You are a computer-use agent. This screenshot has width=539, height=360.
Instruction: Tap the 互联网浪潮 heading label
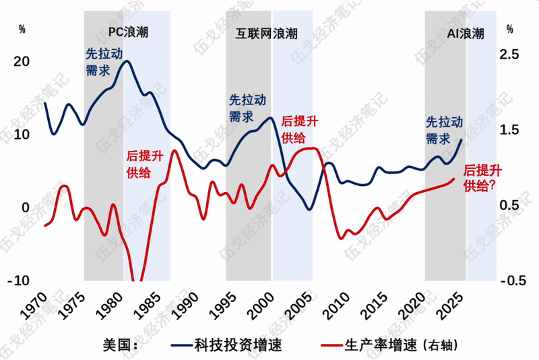tap(266, 33)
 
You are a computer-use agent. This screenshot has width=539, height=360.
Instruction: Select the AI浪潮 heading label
tap(466, 33)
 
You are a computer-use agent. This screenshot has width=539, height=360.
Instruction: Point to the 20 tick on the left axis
tap(22, 61)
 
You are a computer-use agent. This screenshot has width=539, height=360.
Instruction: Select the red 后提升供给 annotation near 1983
tap(145, 164)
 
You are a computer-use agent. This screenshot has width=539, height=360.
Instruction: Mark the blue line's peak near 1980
tap(126, 61)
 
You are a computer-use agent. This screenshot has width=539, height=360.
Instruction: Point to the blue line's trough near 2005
tap(309, 209)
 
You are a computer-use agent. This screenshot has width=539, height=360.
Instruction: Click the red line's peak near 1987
tap(175, 150)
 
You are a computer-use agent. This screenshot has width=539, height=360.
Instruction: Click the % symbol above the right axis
tap(509, 30)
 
